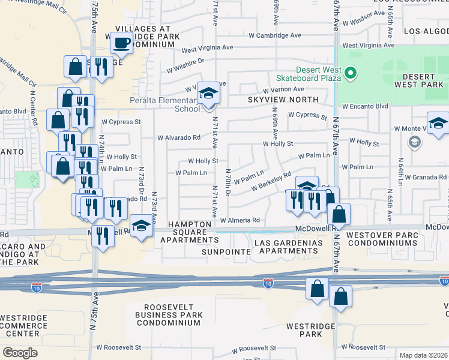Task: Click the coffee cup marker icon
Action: (x=121, y=43)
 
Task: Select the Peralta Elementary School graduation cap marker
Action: (x=208, y=93)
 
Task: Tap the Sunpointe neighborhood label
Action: (x=227, y=252)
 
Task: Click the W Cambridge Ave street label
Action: (x=276, y=35)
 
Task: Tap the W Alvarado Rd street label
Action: (x=179, y=137)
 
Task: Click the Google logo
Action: (x=20, y=352)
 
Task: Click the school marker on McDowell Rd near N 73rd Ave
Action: (x=141, y=226)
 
